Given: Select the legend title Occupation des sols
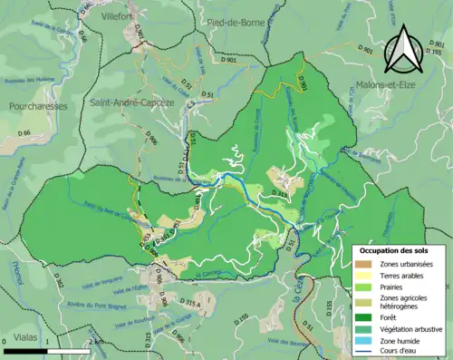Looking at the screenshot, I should click(x=390, y=249).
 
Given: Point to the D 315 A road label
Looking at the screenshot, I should click(x=189, y=301).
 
